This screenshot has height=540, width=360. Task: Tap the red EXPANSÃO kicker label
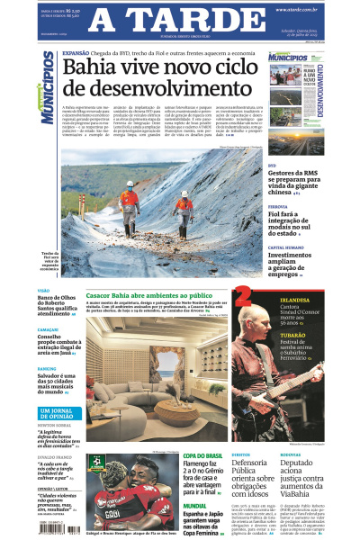76,53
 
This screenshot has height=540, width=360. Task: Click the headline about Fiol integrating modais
293,226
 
